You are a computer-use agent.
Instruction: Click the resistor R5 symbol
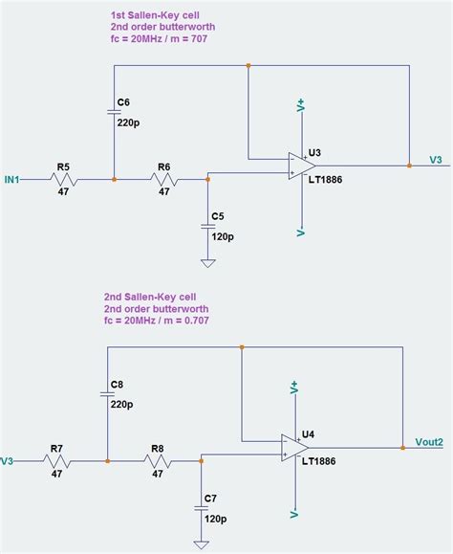pos(63,179)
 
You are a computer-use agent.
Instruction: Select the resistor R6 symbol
pos(163,179)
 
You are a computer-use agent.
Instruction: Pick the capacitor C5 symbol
pos(207,227)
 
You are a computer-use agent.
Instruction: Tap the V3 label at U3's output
pos(436,160)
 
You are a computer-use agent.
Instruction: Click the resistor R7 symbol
pos(56,460)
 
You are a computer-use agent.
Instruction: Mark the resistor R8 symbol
pos(157,460)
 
